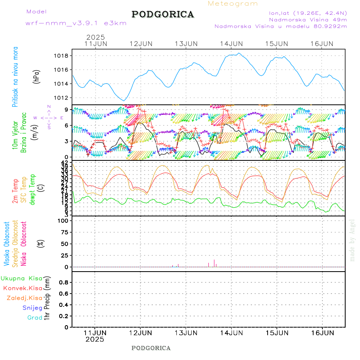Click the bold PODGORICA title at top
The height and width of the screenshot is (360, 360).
tap(163, 14)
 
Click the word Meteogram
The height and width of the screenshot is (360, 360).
tap(233, 4)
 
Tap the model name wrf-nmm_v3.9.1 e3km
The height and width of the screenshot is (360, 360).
tap(76, 23)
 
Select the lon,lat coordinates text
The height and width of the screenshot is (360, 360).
tap(308, 12)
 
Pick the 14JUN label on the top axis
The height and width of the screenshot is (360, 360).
tap(232, 44)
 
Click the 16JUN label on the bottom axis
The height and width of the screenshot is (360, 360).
tap(322, 332)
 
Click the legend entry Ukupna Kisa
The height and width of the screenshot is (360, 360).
tap(22, 278)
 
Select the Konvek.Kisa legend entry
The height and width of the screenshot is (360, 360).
tap(23, 288)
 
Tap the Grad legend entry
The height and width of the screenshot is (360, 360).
tap(35, 318)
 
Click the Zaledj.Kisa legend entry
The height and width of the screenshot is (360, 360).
tap(24, 298)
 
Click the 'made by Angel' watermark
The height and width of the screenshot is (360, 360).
tap(352, 240)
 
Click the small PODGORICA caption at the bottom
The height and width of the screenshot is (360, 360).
tap(151, 348)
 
